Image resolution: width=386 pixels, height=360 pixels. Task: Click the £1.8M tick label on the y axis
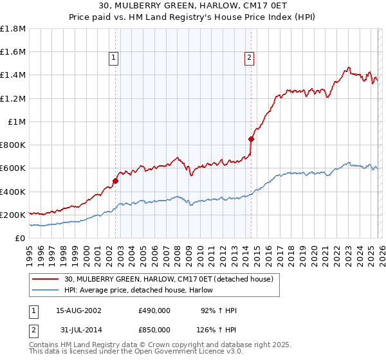coord(14,29)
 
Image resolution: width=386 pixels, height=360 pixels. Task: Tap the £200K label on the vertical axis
coord(13,215)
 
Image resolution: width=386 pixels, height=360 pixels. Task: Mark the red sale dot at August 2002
coord(116,181)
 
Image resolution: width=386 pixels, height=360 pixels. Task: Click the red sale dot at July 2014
coord(252,138)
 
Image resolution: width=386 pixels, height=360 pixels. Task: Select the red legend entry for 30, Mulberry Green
coord(169,279)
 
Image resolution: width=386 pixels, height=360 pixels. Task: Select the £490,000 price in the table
coord(154,310)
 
